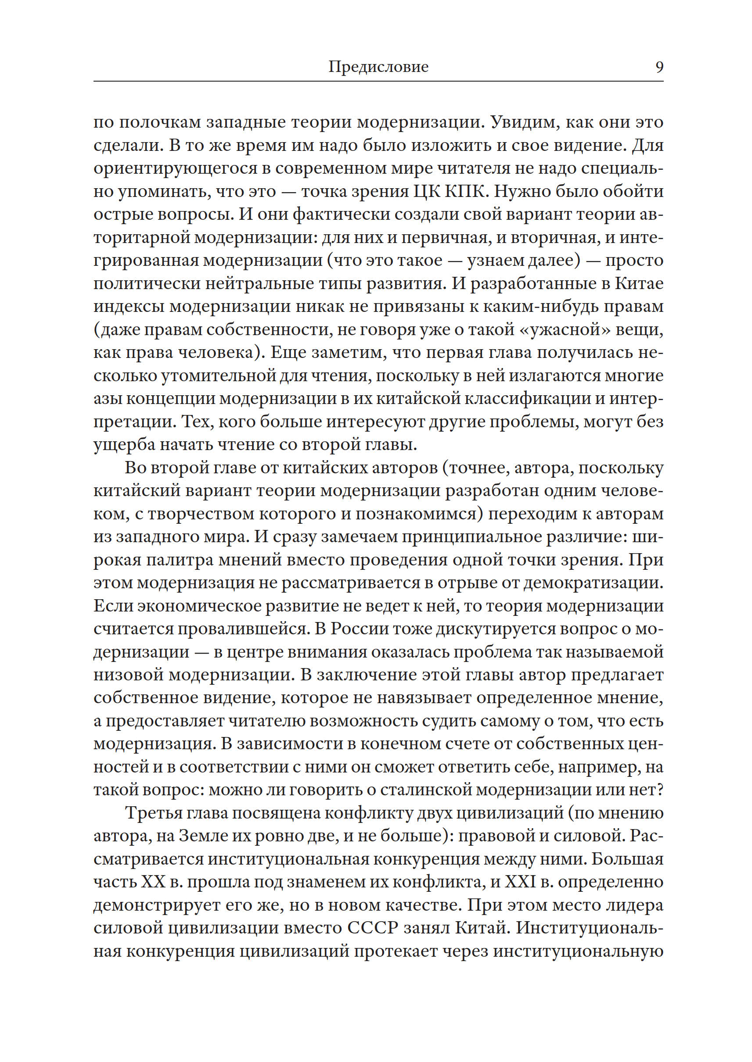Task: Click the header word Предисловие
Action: coord(378,67)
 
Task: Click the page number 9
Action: coord(659,67)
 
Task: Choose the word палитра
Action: coord(180,560)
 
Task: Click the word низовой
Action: coord(128,675)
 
